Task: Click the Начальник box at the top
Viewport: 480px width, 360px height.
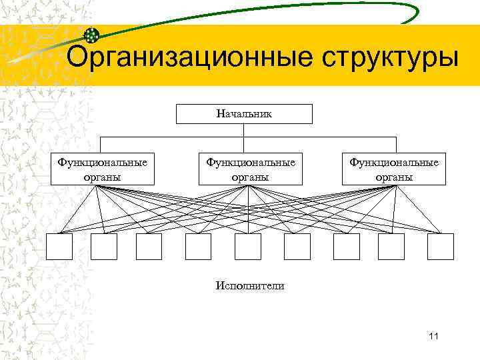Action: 244,114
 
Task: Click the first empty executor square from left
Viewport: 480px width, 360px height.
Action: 59,247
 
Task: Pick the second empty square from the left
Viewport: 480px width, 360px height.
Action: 104,247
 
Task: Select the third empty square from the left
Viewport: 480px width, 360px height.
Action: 149,247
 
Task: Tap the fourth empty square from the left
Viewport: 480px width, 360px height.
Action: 198,247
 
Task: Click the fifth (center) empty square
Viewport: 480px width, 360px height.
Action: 248,247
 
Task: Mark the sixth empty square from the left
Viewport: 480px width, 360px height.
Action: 297,247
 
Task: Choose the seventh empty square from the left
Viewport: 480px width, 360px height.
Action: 347,247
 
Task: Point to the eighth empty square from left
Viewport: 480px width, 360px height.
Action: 391,247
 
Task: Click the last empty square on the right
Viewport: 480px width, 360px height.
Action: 441,247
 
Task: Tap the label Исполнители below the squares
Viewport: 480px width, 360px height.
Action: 250,286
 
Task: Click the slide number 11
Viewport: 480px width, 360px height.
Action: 433,335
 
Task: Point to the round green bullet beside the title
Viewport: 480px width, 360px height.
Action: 92,35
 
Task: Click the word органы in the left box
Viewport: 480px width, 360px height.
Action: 102,177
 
